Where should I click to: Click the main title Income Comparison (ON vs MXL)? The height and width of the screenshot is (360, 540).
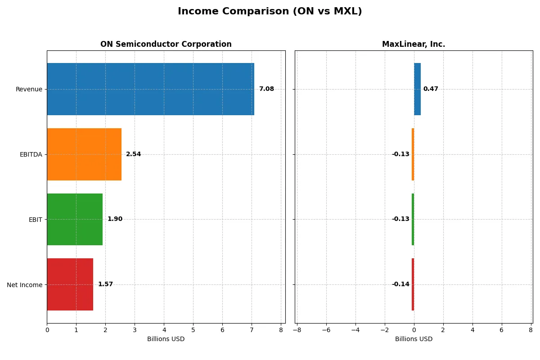click(x=270, y=11)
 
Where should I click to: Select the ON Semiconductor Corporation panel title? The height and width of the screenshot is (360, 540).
click(x=166, y=44)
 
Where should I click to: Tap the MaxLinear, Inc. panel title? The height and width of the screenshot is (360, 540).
click(x=413, y=44)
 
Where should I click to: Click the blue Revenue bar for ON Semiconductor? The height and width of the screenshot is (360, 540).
click(x=150, y=89)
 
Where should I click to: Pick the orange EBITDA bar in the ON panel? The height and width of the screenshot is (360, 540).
click(x=84, y=154)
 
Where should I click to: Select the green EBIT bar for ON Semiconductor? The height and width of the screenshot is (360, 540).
click(x=75, y=219)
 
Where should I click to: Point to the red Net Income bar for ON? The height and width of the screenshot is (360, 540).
click(x=70, y=284)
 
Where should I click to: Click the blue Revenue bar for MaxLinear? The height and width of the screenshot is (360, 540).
click(x=417, y=89)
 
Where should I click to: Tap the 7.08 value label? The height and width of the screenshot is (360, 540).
click(x=266, y=89)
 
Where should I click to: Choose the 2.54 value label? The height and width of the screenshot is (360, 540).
click(x=133, y=154)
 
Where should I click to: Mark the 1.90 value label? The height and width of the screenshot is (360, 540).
click(x=115, y=219)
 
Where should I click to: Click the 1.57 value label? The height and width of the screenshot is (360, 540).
click(x=105, y=284)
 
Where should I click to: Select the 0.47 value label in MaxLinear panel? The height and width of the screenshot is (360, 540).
click(x=431, y=89)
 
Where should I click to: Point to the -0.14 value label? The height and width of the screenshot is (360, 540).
click(x=400, y=284)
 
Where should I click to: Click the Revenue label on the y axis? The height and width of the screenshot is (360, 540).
click(x=29, y=89)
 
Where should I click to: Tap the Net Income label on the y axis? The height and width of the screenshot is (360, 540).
click(x=25, y=285)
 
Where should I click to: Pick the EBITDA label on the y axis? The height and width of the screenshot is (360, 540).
click(x=31, y=154)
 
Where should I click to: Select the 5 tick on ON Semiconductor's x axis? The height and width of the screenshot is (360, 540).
click(x=193, y=329)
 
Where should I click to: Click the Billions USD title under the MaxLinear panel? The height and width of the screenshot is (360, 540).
click(x=414, y=339)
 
